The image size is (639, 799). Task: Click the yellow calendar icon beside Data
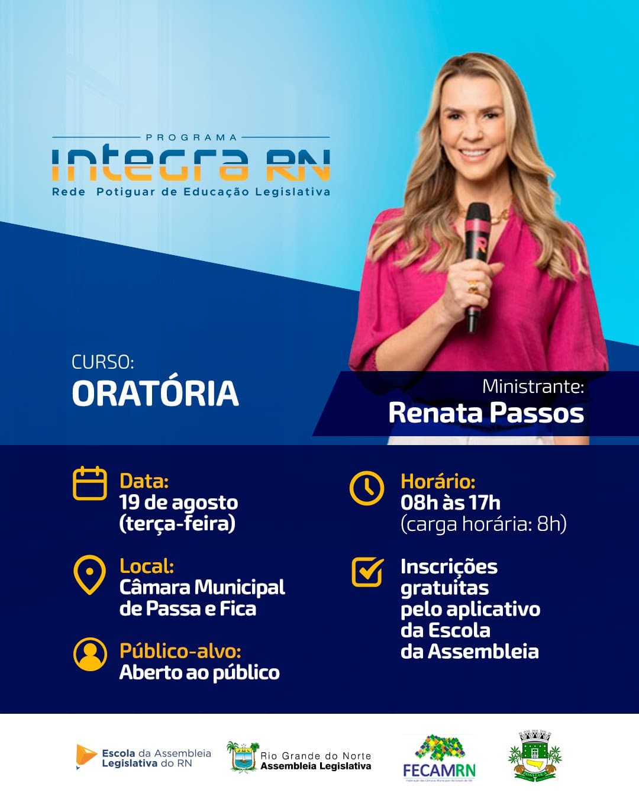coord(89,484)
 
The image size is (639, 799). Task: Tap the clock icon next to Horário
coord(366,488)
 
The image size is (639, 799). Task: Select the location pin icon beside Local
coord(89,574)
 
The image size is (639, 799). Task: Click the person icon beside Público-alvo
coord(90,654)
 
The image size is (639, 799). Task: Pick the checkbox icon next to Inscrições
coord(367,572)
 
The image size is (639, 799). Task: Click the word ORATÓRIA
coord(155,394)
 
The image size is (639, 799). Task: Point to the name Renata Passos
coord(486,413)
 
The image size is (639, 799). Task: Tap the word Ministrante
coord(532,386)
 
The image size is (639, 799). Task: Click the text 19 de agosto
coord(179,502)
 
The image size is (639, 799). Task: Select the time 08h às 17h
coord(450,502)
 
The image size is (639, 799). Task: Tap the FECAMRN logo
coord(439,758)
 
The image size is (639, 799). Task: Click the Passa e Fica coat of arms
coord(535,756)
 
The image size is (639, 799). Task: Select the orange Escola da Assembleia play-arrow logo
coord(86,756)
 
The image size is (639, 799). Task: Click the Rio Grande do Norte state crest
coord(243,757)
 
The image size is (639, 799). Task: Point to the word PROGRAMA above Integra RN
coord(191,137)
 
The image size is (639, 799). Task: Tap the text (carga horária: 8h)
coord(483,524)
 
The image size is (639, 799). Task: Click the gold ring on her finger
coord(473,288)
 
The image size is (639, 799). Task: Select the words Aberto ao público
coord(199,672)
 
